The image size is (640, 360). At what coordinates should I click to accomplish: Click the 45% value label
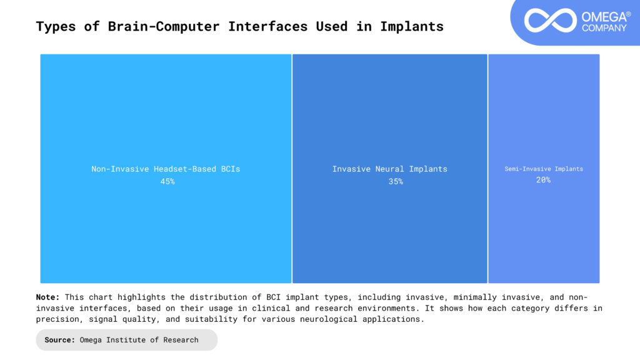(167, 182)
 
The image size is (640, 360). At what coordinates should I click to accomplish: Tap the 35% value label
(396, 182)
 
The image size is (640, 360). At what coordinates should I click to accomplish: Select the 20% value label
(543, 180)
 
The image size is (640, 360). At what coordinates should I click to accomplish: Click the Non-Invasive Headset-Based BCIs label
(166, 169)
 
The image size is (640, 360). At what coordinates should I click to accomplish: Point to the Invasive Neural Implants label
(390, 169)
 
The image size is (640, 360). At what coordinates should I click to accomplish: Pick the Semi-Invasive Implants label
(544, 169)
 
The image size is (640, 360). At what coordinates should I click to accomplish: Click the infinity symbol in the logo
(550, 21)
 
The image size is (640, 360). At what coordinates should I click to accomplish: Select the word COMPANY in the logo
(604, 28)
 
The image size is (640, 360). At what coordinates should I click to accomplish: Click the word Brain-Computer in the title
(164, 26)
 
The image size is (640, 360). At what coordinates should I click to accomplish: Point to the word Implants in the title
(412, 26)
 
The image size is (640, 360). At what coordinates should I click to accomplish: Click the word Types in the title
(56, 26)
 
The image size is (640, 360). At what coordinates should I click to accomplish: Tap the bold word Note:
(47, 297)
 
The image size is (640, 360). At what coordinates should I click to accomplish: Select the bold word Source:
(59, 340)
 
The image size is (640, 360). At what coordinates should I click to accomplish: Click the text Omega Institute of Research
(139, 340)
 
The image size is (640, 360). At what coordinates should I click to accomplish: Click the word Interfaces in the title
(267, 26)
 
